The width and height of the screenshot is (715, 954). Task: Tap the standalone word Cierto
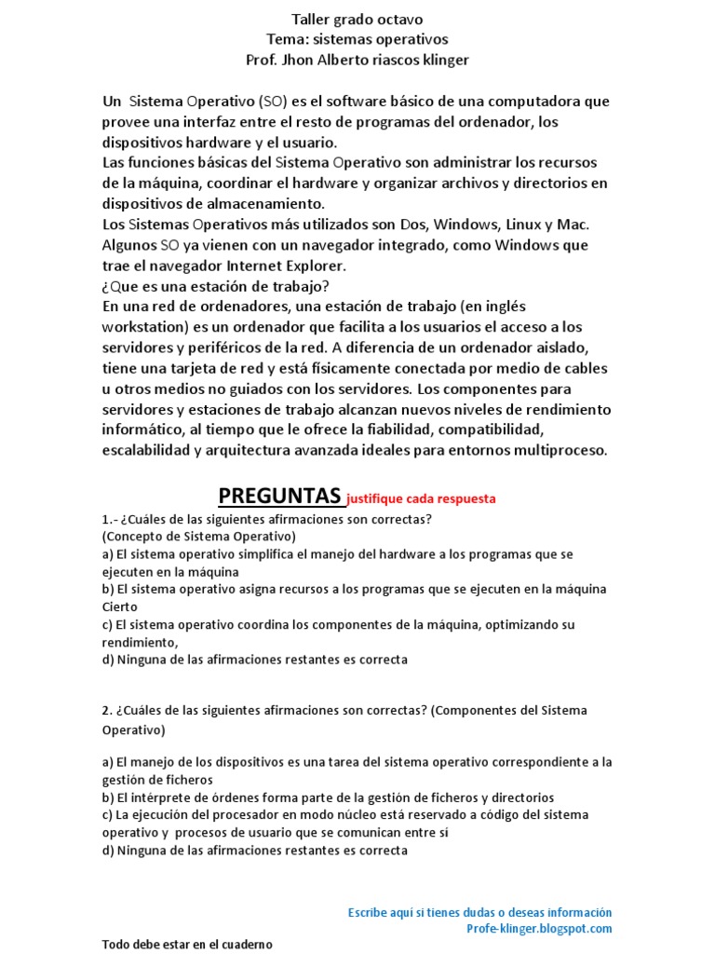click(119, 606)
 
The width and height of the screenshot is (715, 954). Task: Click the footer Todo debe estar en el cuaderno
click(187, 944)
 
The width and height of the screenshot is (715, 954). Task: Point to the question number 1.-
click(111, 519)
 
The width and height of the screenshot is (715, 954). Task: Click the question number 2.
click(107, 711)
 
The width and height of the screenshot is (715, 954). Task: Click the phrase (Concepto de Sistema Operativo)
click(198, 537)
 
